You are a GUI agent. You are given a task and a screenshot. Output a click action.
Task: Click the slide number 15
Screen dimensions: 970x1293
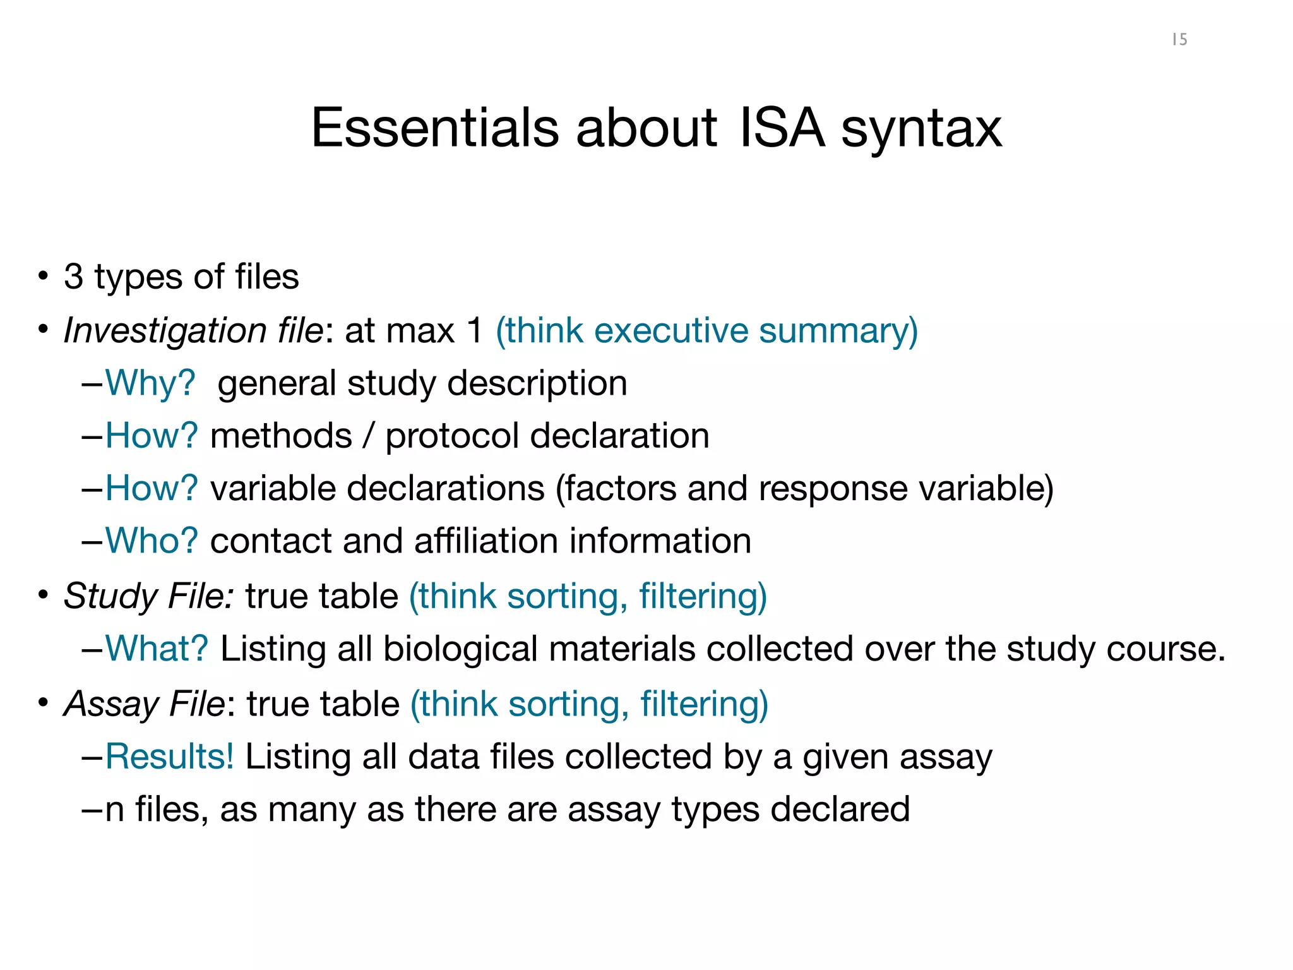(1179, 40)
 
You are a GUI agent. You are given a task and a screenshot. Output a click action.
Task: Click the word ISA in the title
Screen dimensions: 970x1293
(782, 128)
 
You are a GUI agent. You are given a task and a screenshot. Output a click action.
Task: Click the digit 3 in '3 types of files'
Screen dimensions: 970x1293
(73, 277)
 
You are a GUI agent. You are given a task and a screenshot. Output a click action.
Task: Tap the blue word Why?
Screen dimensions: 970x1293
(150, 383)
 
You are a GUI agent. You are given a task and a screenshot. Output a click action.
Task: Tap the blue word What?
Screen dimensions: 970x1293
(157, 649)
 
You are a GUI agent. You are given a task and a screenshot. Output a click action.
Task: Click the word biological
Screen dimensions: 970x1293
(460, 649)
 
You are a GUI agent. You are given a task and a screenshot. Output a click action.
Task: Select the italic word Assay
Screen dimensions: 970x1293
(110, 704)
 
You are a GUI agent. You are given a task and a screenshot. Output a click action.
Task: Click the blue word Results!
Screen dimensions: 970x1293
(169, 757)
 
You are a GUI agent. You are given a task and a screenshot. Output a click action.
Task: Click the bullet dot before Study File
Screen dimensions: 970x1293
(43, 595)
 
